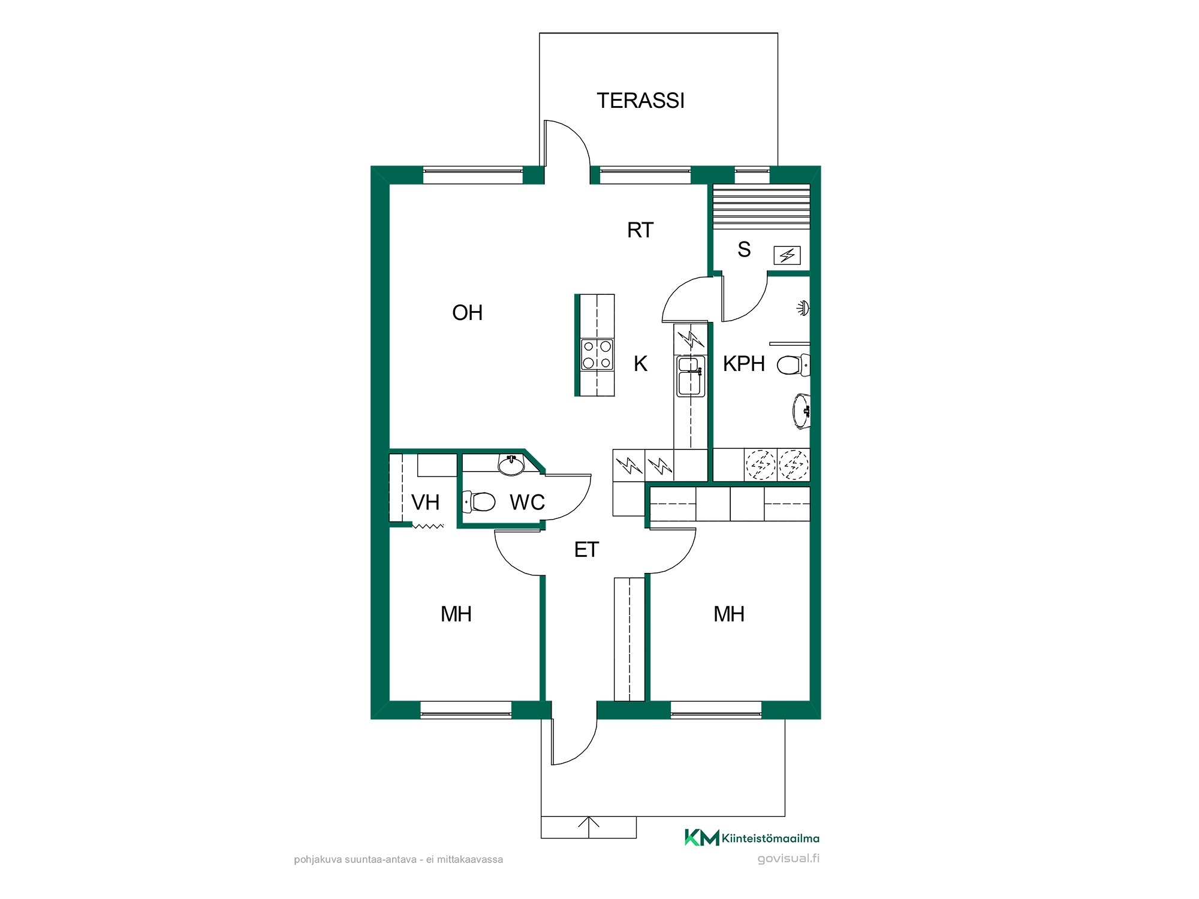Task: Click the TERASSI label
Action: click(x=640, y=101)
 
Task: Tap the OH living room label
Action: click(x=467, y=312)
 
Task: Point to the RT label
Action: click(x=640, y=230)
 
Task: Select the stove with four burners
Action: click(x=597, y=354)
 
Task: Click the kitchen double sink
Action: click(x=691, y=376)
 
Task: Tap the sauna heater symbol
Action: click(x=787, y=256)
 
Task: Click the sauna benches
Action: click(x=761, y=206)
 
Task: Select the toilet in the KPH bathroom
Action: click(x=793, y=364)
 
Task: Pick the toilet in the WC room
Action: click(x=478, y=502)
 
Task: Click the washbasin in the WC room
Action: click(x=511, y=464)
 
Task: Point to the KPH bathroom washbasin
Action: click(x=802, y=411)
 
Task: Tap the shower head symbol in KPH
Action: click(x=803, y=308)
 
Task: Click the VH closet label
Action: click(x=425, y=502)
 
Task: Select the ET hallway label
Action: click(x=586, y=550)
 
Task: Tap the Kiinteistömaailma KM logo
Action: click(x=752, y=838)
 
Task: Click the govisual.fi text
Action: click(x=788, y=858)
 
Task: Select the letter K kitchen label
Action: click(x=640, y=364)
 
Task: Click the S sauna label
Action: click(x=744, y=249)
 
